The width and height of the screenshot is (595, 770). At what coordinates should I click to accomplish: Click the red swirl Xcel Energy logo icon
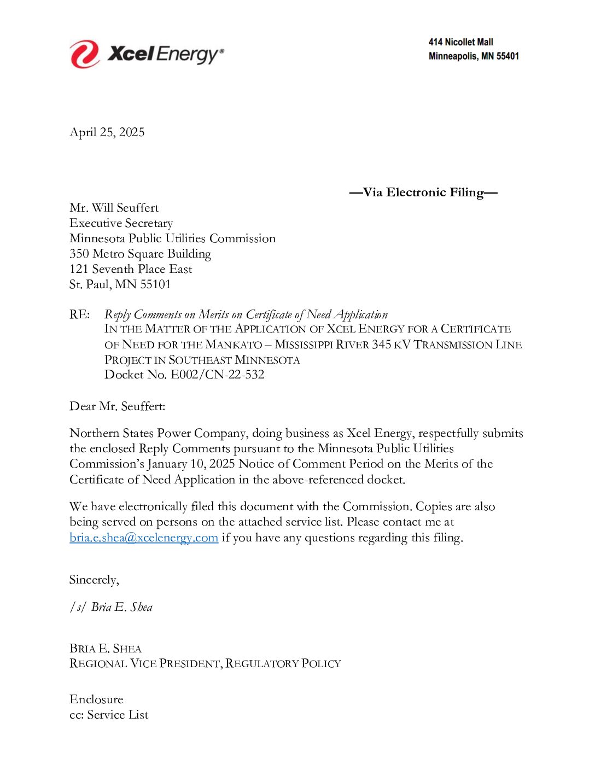tap(85, 54)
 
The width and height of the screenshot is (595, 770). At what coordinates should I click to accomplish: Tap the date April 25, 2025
tap(107, 132)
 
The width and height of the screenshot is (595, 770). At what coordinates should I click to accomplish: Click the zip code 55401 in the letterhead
tap(507, 56)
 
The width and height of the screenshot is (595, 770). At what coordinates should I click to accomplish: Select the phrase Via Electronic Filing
tap(423, 192)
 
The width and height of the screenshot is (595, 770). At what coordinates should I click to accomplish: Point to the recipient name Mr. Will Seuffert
tap(114, 208)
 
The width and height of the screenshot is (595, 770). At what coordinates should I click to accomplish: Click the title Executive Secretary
tap(121, 223)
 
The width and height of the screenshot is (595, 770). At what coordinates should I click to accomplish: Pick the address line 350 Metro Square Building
tap(140, 254)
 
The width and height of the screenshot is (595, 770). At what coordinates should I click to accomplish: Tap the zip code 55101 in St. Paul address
tap(155, 284)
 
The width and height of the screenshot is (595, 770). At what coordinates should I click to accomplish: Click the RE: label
tap(80, 314)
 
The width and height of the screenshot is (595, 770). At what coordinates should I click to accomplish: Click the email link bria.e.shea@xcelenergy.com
tap(144, 538)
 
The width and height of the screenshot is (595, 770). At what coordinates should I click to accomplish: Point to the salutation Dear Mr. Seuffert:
tap(117, 406)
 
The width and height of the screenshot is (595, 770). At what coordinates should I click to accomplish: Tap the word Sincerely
tap(94, 580)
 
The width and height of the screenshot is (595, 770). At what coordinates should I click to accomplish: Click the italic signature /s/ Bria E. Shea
tap(111, 607)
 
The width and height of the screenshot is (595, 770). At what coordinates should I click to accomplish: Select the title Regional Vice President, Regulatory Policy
tap(205, 663)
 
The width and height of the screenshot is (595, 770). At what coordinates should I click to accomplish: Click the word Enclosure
tap(96, 699)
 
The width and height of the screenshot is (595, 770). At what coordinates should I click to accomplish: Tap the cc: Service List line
tap(109, 715)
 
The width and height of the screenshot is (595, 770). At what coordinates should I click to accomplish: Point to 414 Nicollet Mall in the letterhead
tap(460, 42)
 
